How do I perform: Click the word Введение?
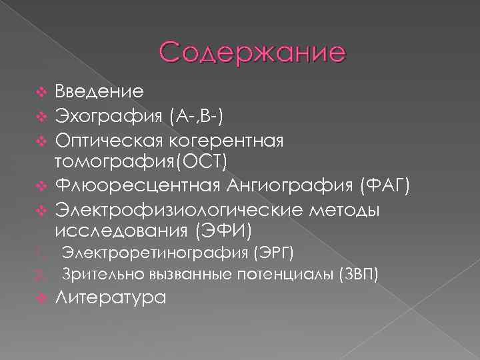[x=98, y=90]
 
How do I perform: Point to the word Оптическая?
[x=111, y=141]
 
